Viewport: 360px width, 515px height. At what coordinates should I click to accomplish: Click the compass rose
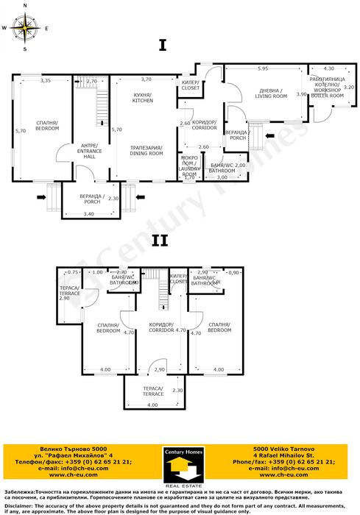click(x=25, y=29)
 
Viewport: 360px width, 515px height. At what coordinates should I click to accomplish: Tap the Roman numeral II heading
click(x=161, y=240)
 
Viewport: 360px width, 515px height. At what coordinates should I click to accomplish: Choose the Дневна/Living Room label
click(x=269, y=93)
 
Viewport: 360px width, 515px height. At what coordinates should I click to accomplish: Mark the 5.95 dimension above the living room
click(x=263, y=68)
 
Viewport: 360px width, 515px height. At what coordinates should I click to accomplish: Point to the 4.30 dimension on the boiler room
click(x=329, y=68)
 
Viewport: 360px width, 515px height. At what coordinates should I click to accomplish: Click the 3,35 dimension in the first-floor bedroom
click(x=46, y=80)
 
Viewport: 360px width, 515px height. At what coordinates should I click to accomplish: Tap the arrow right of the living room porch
click(x=272, y=135)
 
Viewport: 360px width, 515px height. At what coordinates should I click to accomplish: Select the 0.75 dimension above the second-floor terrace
click(x=71, y=272)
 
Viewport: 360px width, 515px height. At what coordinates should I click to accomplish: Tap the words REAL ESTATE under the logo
click(x=180, y=486)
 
